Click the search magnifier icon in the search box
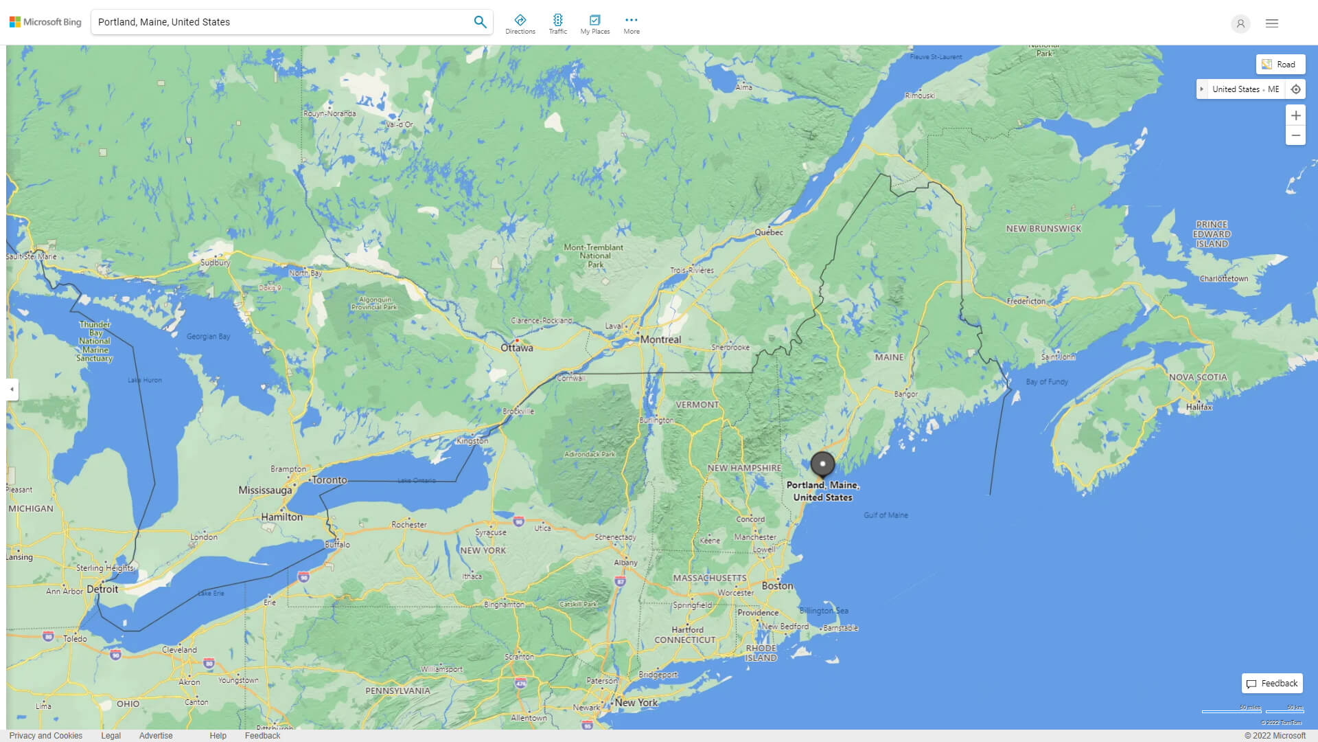pyautogui.click(x=480, y=22)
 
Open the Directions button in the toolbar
pyautogui.click(x=520, y=23)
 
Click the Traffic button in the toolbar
pyautogui.click(x=558, y=23)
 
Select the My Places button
pyautogui.click(x=594, y=23)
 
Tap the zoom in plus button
pyautogui.click(x=1295, y=115)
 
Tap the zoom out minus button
pyautogui.click(x=1295, y=135)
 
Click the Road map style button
pyautogui.click(x=1280, y=65)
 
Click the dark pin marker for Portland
pyautogui.click(x=822, y=464)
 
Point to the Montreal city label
pyautogui.click(x=660, y=339)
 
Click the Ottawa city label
pyautogui.click(x=516, y=348)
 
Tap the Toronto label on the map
pyautogui.click(x=329, y=480)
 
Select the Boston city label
pyautogui.click(x=777, y=586)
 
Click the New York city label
pyautogui.click(x=636, y=702)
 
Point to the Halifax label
pyautogui.click(x=1199, y=407)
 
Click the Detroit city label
pyautogui.click(x=102, y=589)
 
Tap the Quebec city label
pyautogui.click(x=769, y=232)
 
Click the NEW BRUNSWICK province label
pyautogui.click(x=1043, y=229)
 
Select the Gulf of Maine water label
pyautogui.click(x=886, y=515)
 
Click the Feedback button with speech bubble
pyautogui.click(x=1272, y=684)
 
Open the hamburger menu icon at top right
pyautogui.click(x=1272, y=23)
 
